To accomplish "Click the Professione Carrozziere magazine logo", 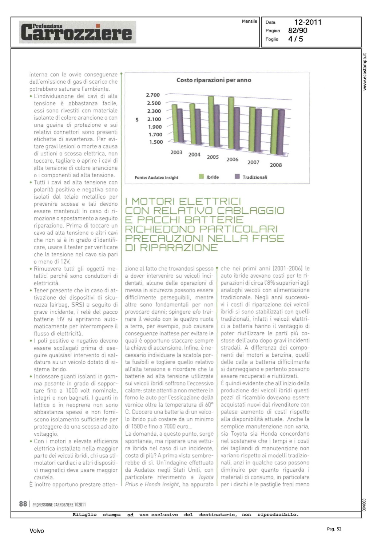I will click(77, 32).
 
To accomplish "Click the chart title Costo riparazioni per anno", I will click(214, 80).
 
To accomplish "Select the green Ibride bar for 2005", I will click(211, 122).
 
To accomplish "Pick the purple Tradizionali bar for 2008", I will click(281, 132).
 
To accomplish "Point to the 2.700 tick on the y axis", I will click(153, 95).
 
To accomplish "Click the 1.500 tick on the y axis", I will click(156, 142).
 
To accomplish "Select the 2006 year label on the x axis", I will click(232, 159).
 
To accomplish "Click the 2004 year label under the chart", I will click(194, 154).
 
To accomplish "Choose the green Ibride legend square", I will click(201, 177).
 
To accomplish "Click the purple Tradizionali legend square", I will click(237, 177).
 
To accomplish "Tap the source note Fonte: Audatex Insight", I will click(156, 178).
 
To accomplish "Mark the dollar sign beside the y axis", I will click(137, 119).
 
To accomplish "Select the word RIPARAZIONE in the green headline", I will click(179, 248).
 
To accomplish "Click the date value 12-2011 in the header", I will click(308, 22).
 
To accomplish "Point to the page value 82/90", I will click(298, 31).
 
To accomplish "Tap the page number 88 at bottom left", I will click(23, 504).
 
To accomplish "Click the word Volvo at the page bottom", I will click(37, 531).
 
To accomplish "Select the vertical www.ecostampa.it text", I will click(365, 72).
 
